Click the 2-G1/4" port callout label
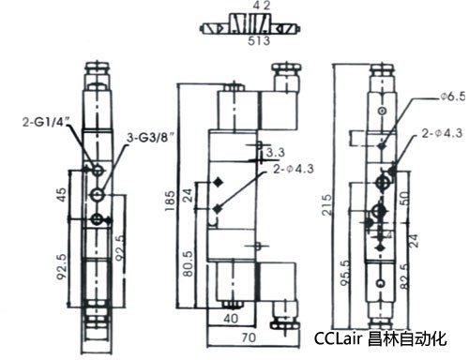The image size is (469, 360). point(46,122)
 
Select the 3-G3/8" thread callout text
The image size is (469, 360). point(150,138)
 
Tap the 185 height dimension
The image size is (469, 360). point(171,201)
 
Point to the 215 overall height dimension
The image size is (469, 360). point(327,204)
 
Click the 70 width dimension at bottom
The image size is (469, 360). point(249,337)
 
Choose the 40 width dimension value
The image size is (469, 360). point(231,319)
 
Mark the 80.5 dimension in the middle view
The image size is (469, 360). point(189,263)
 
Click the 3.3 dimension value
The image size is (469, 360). point(276,152)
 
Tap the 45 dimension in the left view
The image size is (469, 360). point(62,194)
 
